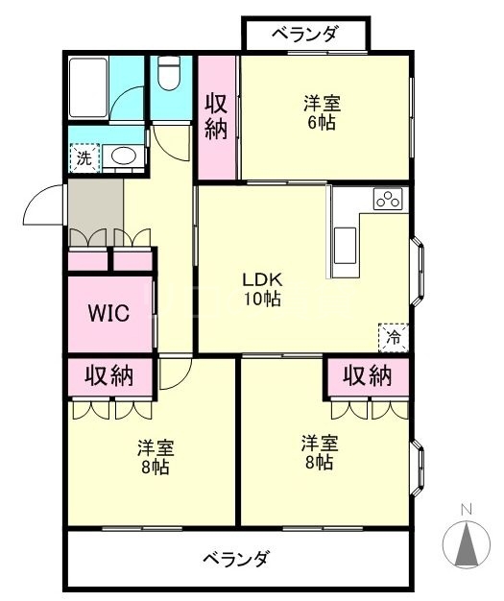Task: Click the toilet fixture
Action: (169, 73)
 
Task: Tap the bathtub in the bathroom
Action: (87, 87)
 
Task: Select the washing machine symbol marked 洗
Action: (84, 157)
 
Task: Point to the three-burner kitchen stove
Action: (388, 199)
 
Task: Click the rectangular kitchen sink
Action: (346, 246)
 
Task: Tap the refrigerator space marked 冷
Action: (394, 338)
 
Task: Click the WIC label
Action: (108, 313)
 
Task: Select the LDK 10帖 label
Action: (263, 289)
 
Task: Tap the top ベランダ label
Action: (305, 34)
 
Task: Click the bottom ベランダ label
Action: (236, 559)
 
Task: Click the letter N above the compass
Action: (466, 510)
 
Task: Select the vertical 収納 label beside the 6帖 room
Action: (216, 116)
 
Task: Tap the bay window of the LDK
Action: (419, 272)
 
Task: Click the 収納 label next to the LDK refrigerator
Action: (367, 375)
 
